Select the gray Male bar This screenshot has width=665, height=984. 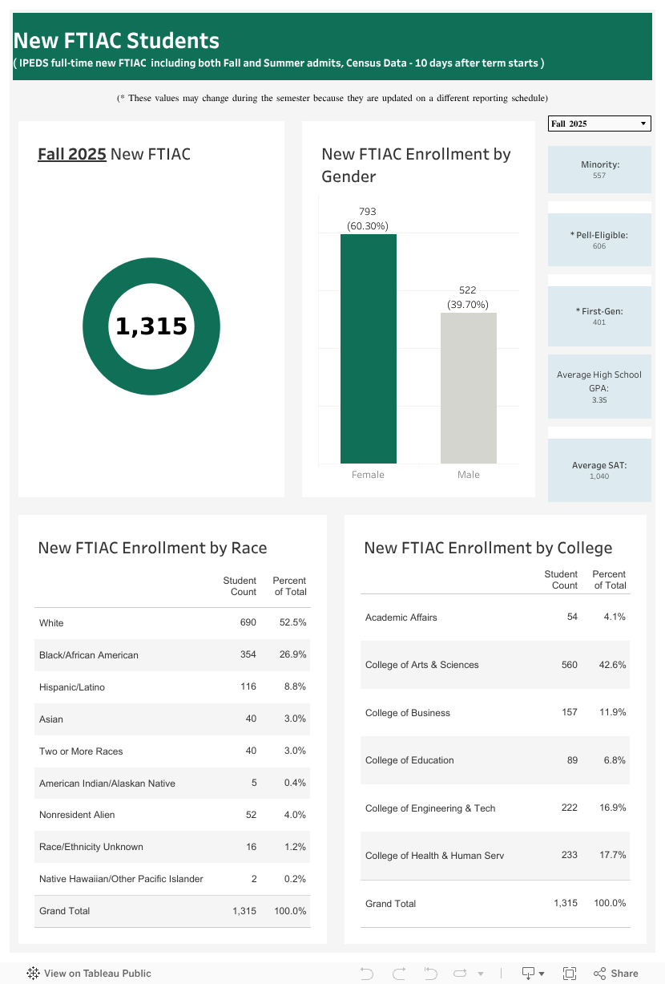[468, 388]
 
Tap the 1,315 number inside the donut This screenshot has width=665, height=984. [151, 326]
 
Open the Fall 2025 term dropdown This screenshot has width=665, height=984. [599, 124]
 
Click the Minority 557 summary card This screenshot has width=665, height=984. [599, 169]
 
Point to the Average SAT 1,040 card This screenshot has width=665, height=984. [599, 470]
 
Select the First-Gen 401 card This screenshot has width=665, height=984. [599, 316]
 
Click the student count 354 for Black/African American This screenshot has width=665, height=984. [248, 655]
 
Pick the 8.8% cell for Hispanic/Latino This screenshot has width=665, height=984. [295, 687]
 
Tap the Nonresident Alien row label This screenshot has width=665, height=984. [77, 815]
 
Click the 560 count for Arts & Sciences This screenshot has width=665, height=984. [570, 665]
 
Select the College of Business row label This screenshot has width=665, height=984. [408, 713]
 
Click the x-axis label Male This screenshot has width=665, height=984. [469, 475]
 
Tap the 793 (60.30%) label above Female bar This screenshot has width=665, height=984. [367, 219]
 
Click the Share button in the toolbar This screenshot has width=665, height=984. [616, 974]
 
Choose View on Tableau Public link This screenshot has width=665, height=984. [89, 974]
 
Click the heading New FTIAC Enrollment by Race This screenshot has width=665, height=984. [152, 548]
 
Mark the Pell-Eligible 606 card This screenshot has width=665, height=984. [599, 240]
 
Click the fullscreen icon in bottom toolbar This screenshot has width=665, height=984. [570, 974]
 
